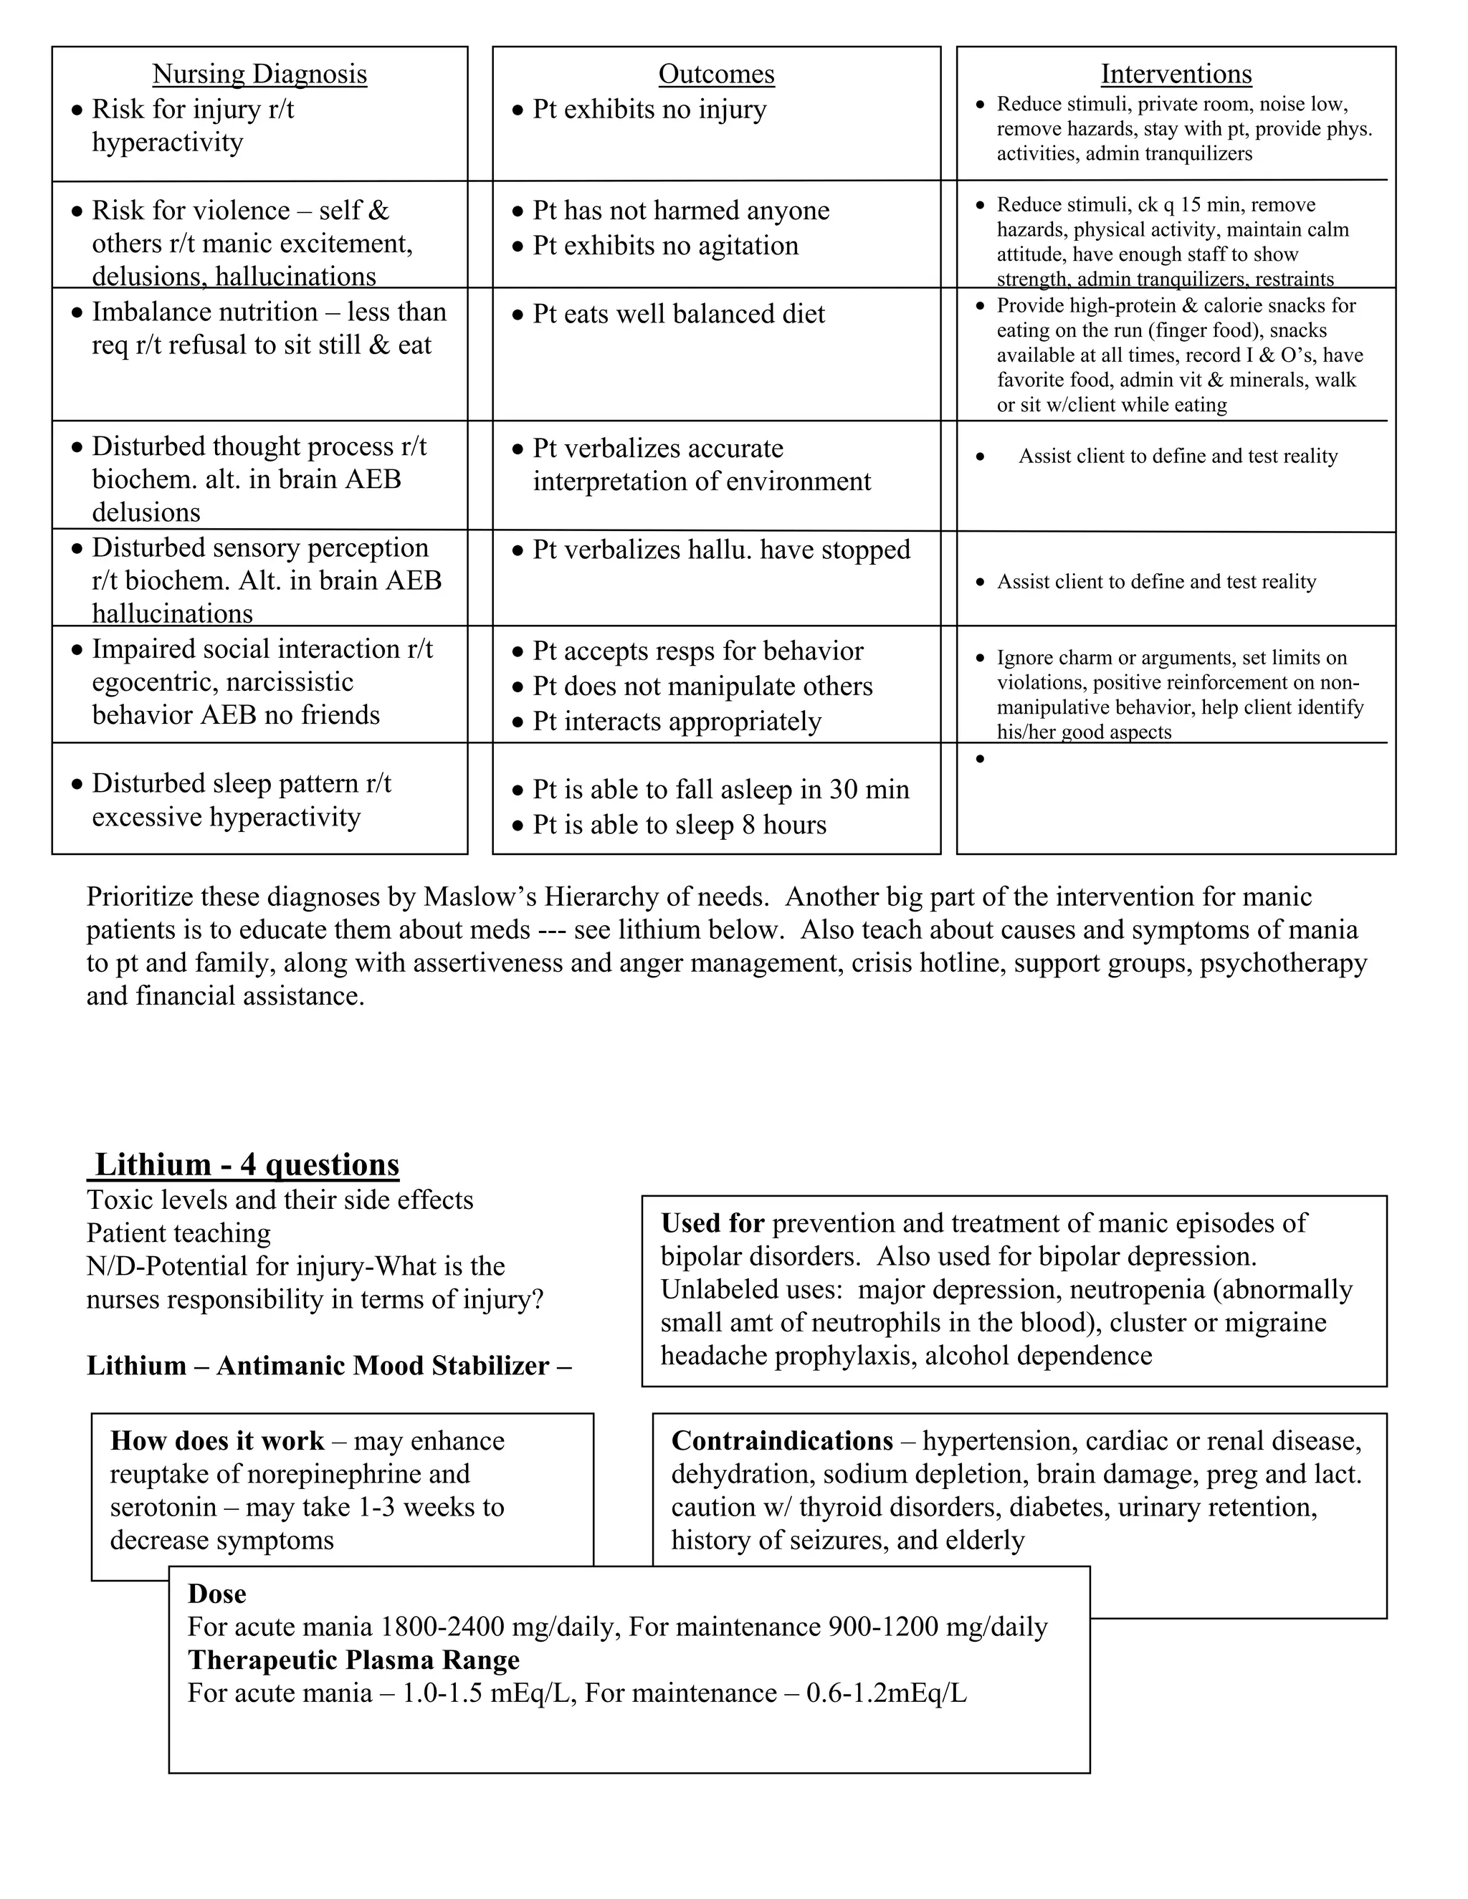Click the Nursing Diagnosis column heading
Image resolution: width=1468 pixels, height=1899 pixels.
pyautogui.click(x=259, y=74)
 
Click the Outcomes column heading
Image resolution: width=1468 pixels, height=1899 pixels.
pyautogui.click(x=716, y=74)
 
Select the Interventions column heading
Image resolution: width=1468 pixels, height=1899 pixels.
pyautogui.click(x=1176, y=74)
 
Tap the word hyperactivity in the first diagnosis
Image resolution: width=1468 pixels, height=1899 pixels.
pyautogui.click(x=167, y=143)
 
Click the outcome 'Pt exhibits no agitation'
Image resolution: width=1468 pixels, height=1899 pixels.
pyautogui.click(x=665, y=246)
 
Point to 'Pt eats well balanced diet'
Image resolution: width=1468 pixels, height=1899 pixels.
pyautogui.click(x=678, y=314)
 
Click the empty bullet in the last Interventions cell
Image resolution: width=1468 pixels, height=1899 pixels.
pyautogui.click(x=980, y=759)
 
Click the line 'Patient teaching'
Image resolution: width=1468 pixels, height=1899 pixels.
pyautogui.click(x=178, y=1233)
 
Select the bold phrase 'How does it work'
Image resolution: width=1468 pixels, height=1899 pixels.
pyautogui.click(x=216, y=1441)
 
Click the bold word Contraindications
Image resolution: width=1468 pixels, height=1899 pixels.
pyautogui.click(x=782, y=1441)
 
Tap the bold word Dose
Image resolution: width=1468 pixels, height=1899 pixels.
pyautogui.click(x=216, y=1594)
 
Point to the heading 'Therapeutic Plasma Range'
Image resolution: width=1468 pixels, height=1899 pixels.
pyautogui.click(x=353, y=1660)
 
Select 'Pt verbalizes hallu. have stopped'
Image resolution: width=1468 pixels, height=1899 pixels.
pyautogui.click(x=721, y=550)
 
